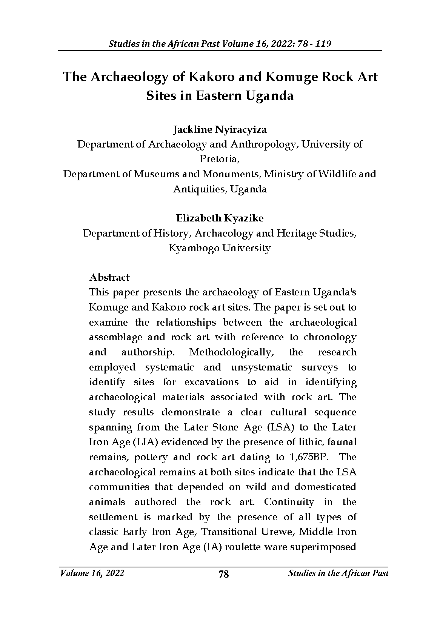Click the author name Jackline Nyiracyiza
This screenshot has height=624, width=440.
pyautogui.click(x=220, y=130)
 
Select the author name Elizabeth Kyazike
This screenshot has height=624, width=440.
pyautogui.click(x=220, y=218)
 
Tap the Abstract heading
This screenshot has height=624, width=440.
pyautogui.click(x=109, y=277)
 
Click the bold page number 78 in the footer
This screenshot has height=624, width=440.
pyautogui.click(x=224, y=574)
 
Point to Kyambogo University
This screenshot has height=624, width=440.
pyautogui.click(x=220, y=248)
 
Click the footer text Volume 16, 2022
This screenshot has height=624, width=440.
pyautogui.click(x=92, y=573)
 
